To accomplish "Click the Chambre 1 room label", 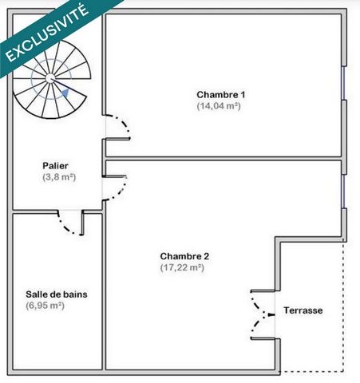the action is click(x=221, y=95).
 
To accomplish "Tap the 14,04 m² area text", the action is click(x=219, y=106).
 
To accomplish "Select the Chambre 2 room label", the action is click(x=184, y=256).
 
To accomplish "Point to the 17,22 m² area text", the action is click(x=182, y=267).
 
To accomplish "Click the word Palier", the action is click(x=55, y=166).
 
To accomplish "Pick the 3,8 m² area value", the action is click(x=59, y=177).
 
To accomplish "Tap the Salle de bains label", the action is click(x=57, y=294).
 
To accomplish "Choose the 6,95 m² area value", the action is click(x=45, y=306).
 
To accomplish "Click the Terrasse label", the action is click(x=303, y=310).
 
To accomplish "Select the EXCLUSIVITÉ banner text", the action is click(x=47, y=33).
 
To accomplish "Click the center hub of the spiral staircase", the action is click(x=49, y=78).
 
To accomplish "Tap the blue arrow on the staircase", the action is click(x=65, y=93).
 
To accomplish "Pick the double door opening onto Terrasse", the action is click(x=263, y=315).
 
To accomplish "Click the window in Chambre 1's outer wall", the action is click(x=343, y=83).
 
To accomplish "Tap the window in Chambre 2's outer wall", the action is click(x=343, y=191).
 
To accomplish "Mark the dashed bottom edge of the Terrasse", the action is click(x=311, y=371).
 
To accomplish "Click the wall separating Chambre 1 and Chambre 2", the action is click(x=224, y=159).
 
